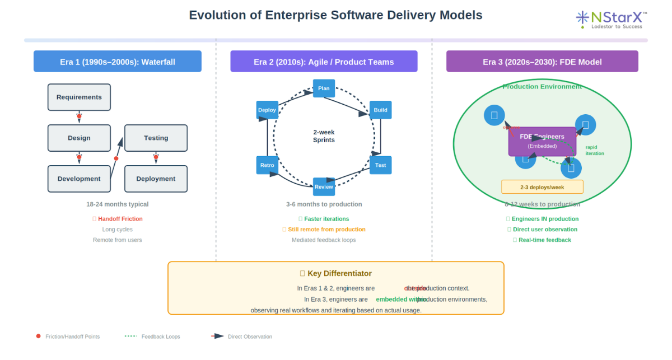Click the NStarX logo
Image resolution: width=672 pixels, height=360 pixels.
point(611,19)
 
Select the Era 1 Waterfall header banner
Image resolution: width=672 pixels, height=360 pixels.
point(118,62)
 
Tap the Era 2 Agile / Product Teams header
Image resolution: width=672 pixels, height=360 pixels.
point(324,62)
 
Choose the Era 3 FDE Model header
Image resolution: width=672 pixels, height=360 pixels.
point(542,62)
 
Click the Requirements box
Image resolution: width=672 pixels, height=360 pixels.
point(79,97)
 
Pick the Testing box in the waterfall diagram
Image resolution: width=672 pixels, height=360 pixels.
point(156,138)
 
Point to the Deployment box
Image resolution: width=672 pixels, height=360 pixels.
point(156,179)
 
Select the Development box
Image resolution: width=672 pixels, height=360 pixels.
point(79,179)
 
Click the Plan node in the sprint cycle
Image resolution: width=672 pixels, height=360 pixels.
point(324,88)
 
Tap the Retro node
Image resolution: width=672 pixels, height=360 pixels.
point(267,165)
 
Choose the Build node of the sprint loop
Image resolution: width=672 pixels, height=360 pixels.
point(380,110)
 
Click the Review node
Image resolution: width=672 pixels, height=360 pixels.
point(324,186)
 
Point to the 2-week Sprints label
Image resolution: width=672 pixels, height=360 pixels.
point(324,136)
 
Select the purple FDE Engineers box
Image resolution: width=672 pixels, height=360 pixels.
point(542,141)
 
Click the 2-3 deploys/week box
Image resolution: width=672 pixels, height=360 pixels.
point(542,187)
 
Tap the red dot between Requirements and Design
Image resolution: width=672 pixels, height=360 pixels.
point(79,116)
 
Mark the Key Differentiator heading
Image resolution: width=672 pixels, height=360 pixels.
point(336,273)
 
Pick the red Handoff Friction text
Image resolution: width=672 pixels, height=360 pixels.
point(120,219)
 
